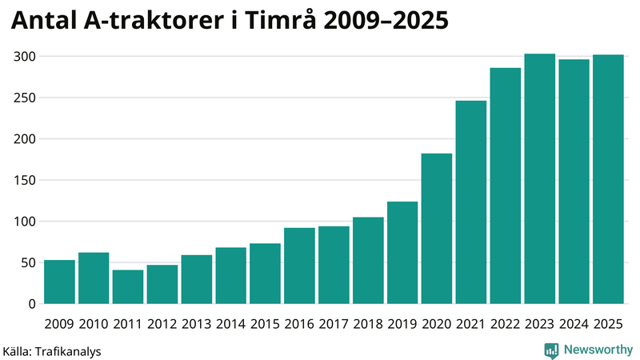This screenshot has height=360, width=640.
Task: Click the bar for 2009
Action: [x=59, y=282]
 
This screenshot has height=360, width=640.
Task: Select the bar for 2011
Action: [x=128, y=287]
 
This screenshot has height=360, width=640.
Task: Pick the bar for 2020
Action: [x=437, y=229]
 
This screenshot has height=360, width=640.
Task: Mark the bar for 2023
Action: [x=540, y=179]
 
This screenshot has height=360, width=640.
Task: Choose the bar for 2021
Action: [x=471, y=202]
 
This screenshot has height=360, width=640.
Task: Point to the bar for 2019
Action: [x=402, y=253]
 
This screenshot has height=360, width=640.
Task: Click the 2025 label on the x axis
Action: [x=609, y=324]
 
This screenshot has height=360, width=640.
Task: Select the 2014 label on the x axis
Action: [x=230, y=324]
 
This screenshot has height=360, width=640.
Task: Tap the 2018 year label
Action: [x=368, y=324]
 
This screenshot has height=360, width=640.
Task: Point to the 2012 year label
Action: [x=162, y=324]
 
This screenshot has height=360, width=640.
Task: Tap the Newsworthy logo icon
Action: [x=551, y=350]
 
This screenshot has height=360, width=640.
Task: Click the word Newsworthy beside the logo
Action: [x=597, y=350]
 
